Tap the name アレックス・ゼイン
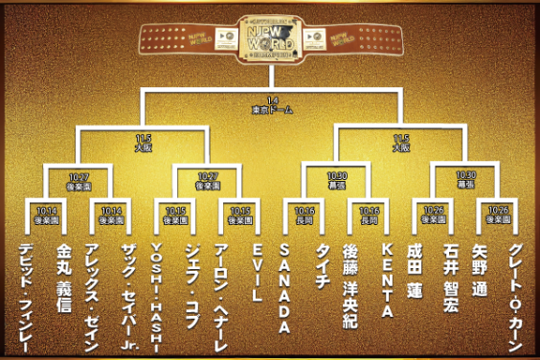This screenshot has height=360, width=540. (95, 287)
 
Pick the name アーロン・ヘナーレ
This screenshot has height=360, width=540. (222, 287)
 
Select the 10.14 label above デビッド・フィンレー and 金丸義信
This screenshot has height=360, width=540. (47, 214)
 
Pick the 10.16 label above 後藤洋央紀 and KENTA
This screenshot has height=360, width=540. (369, 214)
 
